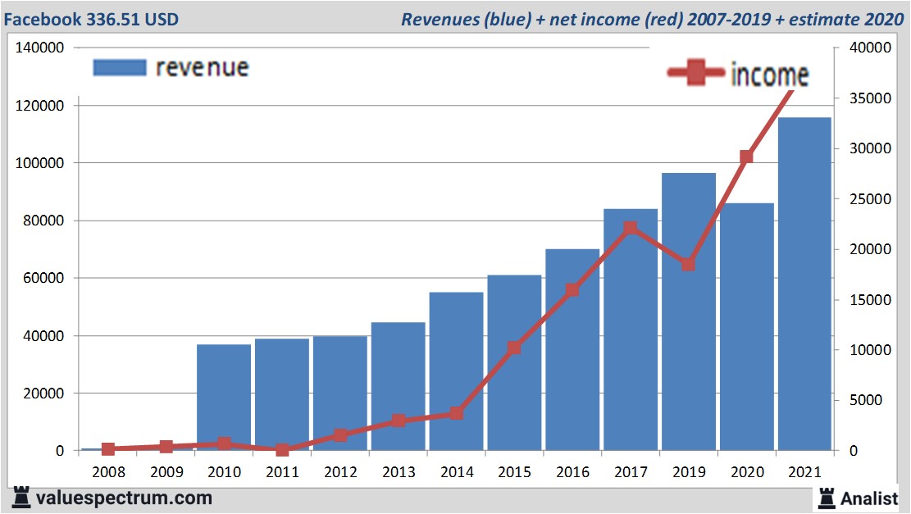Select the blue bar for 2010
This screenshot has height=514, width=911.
[x=224, y=398]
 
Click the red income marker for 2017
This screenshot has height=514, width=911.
[x=630, y=229]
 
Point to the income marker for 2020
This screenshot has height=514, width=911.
[x=746, y=157]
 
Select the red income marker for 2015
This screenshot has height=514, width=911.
[x=514, y=348]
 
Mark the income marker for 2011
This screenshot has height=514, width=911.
[x=282, y=449]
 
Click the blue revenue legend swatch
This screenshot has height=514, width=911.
[x=119, y=67]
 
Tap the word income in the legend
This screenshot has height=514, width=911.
[x=769, y=75]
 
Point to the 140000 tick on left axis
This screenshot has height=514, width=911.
[x=40, y=48]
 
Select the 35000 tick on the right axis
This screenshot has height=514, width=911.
[x=868, y=98]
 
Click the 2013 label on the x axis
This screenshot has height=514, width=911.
[x=399, y=473]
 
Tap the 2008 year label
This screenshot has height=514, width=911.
[x=108, y=473]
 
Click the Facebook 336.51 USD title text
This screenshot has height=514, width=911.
[x=92, y=19]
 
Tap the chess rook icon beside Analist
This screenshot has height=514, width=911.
[x=827, y=497]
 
